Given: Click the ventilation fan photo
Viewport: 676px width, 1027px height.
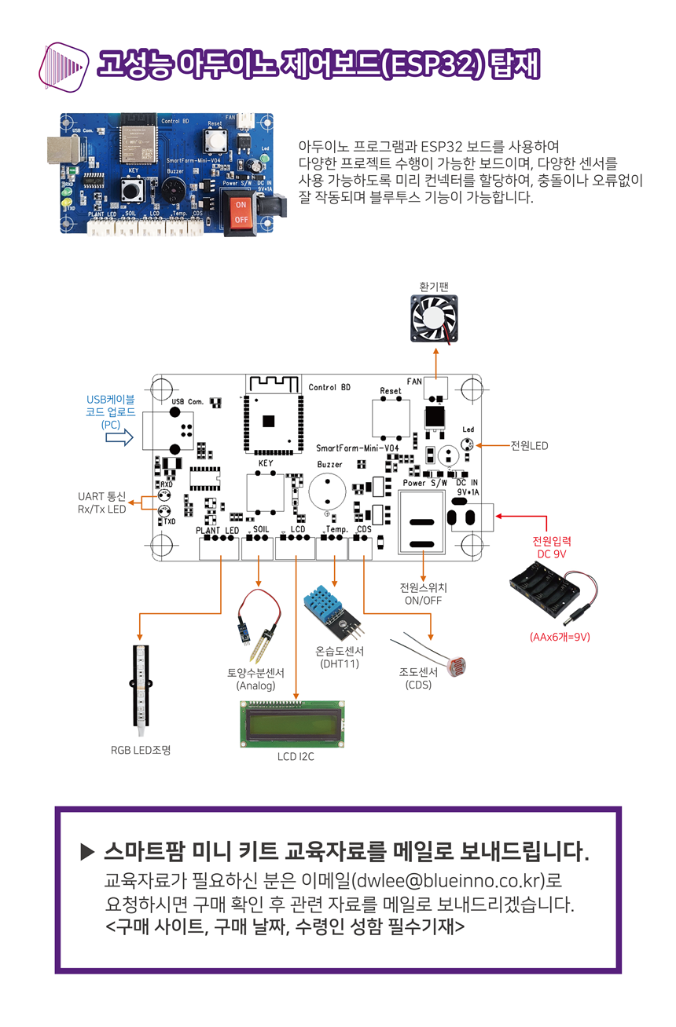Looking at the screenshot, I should (435, 320).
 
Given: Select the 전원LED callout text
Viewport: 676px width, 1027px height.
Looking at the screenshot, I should (529, 446).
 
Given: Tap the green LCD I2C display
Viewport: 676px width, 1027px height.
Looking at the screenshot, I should (296, 723).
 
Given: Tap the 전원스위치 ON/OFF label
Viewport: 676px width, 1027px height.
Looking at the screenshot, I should (423, 594).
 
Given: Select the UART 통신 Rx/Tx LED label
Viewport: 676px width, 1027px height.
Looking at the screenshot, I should (101, 503).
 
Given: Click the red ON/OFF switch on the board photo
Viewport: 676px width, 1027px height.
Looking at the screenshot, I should (241, 211).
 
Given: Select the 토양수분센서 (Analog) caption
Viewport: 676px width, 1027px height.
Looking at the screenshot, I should (256, 679).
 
